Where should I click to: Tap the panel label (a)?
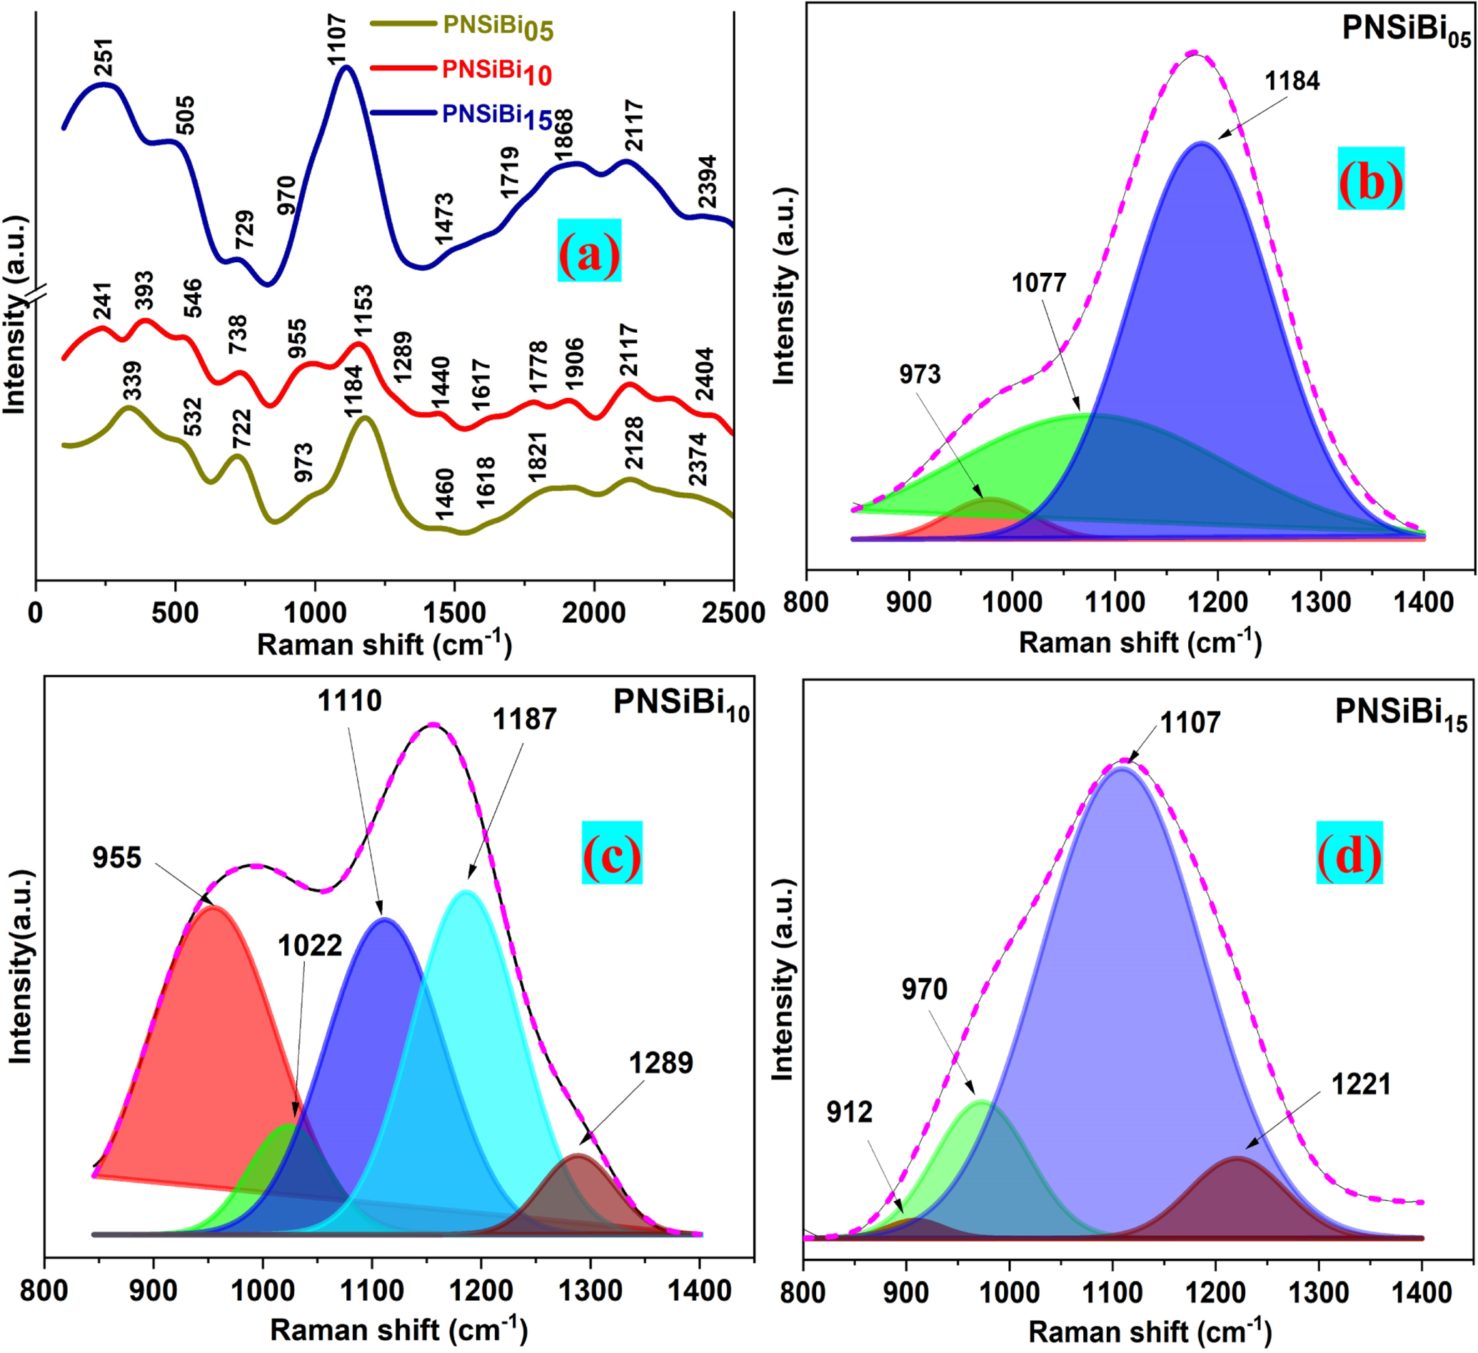pos(589,251)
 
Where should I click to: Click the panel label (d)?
pos(1349,852)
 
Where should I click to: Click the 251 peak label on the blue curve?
pos(104,58)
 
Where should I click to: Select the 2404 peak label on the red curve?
pos(705,374)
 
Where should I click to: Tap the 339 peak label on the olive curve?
pos(133,381)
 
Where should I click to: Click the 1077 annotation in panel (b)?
pos(1038,282)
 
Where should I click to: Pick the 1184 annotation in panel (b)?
pos(1292,81)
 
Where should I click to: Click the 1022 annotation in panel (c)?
pos(309,946)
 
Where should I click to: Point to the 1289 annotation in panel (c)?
pos(660,1062)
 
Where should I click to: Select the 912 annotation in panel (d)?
pos(849,1112)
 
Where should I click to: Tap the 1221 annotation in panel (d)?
pos(1361,1084)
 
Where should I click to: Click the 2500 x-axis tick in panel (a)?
pos(733,613)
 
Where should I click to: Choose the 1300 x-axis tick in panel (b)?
pos(1320,602)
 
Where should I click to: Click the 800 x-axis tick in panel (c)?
pos(45,1290)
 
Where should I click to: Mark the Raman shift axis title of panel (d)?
pos(1150,1331)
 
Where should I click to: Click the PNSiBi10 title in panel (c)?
pos(681,702)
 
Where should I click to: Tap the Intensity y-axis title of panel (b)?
pos(785,285)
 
